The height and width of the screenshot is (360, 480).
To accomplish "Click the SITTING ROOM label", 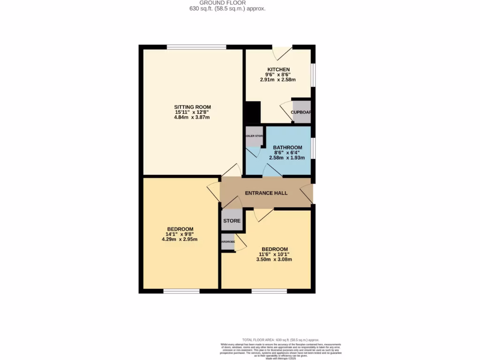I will coord(192,107).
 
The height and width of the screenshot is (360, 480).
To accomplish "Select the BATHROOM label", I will coord(287,148).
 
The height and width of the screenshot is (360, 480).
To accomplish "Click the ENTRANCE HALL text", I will coord(266,193).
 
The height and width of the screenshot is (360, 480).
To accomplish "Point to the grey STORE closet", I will coord(232,220).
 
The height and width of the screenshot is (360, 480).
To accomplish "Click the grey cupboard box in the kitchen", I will coord(301,112).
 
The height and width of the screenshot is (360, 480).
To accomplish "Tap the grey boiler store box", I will coord(254,136).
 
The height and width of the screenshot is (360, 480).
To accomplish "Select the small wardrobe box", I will coord(228,242).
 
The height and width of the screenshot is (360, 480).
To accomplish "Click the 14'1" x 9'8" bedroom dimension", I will coord(180,234).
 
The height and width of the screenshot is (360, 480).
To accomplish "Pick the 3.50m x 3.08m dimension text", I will coord(275,259).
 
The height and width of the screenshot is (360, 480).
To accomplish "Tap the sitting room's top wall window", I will coord(196,47).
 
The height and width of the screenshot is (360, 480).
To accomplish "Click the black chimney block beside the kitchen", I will coord(252,112).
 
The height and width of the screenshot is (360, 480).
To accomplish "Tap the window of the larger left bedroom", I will coord(181,291).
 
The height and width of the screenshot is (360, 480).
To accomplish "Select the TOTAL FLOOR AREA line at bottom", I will coord(280,340).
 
